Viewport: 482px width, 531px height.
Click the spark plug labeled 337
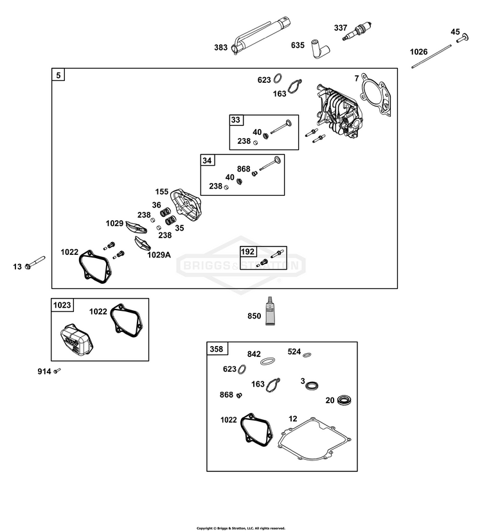tap(357, 31)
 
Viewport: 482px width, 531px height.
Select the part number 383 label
tap(220, 48)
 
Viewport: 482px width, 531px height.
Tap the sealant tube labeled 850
tap(270, 311)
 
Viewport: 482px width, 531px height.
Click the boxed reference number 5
tap(58, 75)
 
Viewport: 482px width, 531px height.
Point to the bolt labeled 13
tap(35, 263)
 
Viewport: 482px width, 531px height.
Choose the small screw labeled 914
tap(57, 371)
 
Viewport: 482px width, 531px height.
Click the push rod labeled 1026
tap(431, 57)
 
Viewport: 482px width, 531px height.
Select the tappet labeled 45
tap(462, 38)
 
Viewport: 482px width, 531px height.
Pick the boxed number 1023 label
tap(62, 305)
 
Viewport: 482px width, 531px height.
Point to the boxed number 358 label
tap(217, 349)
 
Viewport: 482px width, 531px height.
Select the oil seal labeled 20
tap(344, 400)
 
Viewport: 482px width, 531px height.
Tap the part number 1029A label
tap(159, 255)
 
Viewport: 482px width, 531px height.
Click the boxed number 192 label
tap(247, 252)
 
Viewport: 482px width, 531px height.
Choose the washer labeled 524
tap(307, 355)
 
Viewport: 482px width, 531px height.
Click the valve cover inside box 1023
tap(76, 340)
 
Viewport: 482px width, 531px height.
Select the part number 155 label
tap(162, 192)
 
